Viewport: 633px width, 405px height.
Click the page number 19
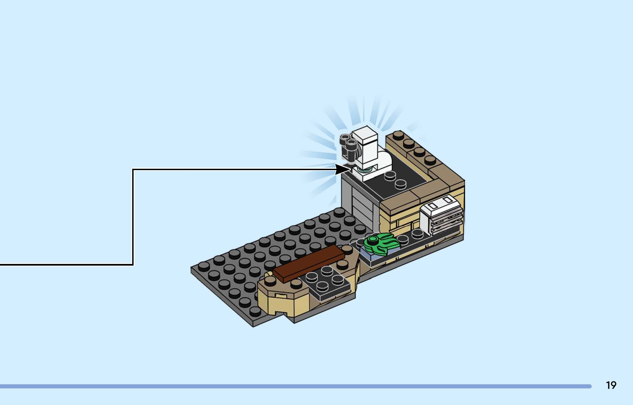(611, 386)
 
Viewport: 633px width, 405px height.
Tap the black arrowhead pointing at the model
(341, 169)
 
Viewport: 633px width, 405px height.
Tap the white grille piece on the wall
(441, 217)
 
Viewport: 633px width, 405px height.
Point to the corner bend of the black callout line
(133, 170)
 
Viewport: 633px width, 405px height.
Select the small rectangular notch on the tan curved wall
(281, 295)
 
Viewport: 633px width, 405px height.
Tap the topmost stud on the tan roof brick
(398, 135)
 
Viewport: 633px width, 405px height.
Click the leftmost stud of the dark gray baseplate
(204, 265)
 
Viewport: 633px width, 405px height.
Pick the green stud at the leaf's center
(373, 239)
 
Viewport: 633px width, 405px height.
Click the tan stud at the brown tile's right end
(347, 249)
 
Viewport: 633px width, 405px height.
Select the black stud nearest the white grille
(417, 233)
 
